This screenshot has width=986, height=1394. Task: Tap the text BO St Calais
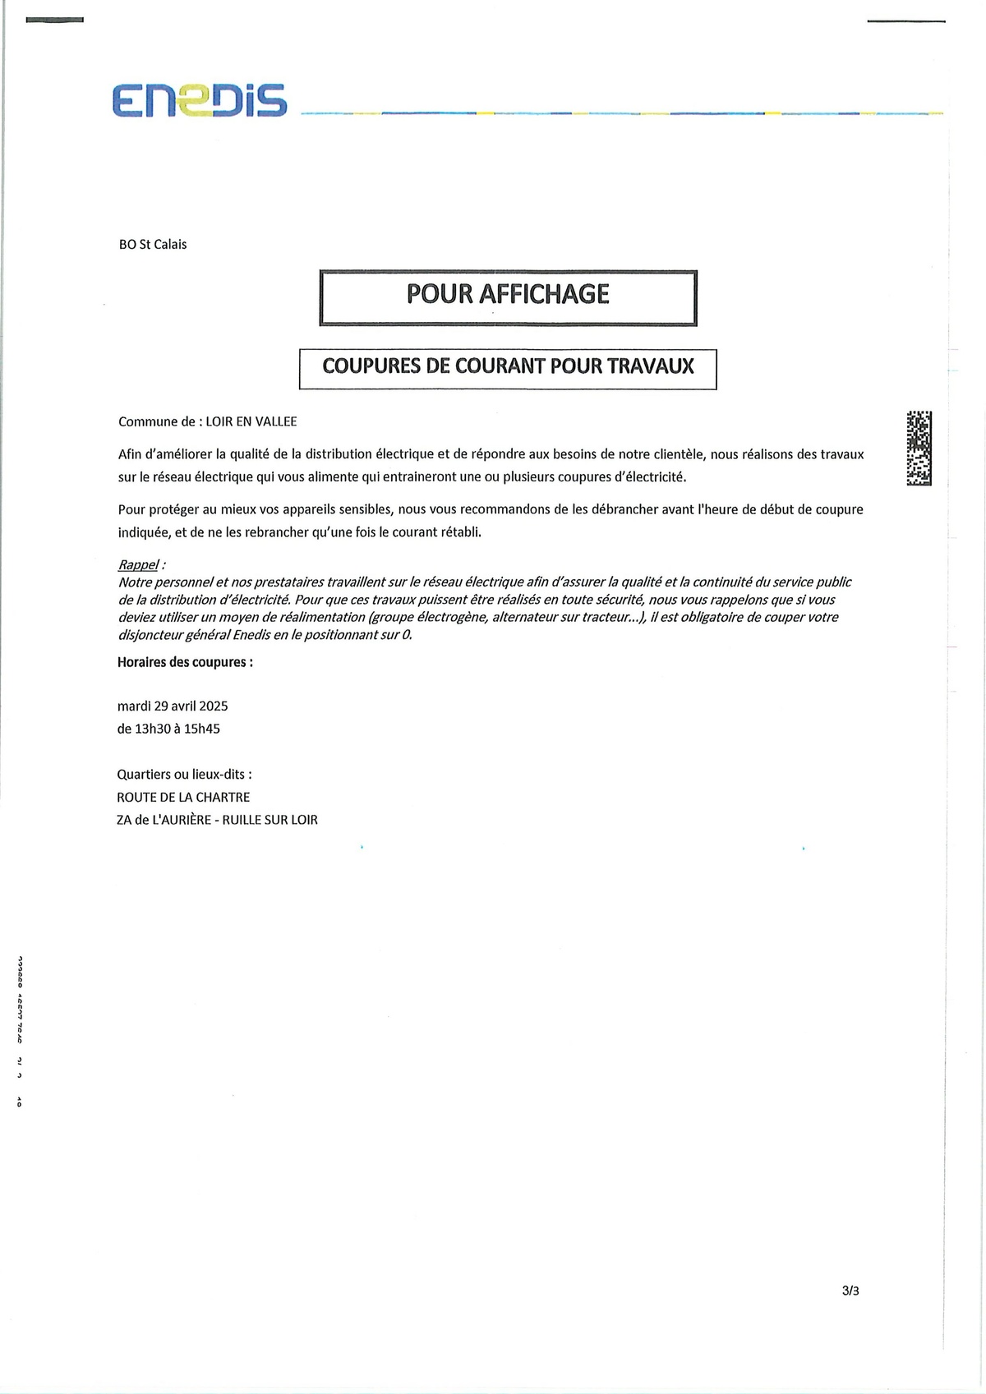153,244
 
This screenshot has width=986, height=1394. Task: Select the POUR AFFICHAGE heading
508,294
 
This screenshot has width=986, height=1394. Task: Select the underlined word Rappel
138,565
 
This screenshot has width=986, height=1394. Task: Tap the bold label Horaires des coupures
185,661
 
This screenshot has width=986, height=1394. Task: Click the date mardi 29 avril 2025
173,706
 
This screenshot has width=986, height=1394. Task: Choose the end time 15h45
203,729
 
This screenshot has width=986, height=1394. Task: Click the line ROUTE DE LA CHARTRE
183,797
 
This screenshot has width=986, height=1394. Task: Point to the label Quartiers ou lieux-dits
185,774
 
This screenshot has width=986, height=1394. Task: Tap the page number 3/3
850,1290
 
